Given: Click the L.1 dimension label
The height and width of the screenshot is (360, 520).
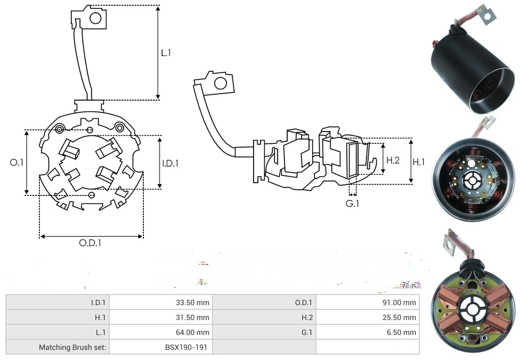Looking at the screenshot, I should [166, 53].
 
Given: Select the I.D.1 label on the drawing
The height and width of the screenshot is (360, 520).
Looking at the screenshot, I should [170, 163].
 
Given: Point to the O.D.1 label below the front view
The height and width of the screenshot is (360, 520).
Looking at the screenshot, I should [90, 243].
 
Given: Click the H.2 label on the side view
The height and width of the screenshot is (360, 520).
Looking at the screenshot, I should [393, 160].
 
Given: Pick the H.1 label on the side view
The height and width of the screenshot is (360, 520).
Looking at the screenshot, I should [419, 162].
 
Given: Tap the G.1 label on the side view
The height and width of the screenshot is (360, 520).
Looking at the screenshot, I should [352, 204].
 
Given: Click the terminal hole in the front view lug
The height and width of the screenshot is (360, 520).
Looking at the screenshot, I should [95, 19].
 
